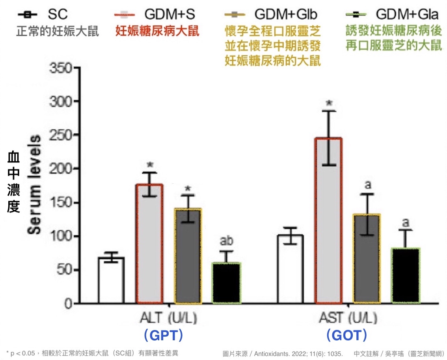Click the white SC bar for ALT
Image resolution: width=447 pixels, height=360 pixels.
(111, 280)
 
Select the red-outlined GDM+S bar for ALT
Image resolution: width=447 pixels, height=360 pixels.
(149, 244)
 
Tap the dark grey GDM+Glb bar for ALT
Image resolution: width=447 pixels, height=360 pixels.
(188, 256)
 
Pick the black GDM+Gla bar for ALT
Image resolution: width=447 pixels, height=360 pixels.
(226, 283)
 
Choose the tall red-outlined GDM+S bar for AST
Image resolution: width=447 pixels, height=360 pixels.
(328, 221)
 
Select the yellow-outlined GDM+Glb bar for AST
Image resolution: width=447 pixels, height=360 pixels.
(367, 259)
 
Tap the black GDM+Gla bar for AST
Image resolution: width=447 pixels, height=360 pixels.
(406, 276)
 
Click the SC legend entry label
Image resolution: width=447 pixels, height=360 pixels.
(58, 15)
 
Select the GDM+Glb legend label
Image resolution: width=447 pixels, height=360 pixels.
(285, 15)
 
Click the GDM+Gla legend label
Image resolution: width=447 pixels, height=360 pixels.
(407, 15)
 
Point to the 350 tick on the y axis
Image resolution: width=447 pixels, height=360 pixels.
(61, 68)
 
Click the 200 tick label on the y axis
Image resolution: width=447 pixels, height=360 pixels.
(61, 169)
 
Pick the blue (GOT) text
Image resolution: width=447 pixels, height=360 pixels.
(347, 336)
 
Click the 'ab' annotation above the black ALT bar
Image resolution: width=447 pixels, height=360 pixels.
(226, 241)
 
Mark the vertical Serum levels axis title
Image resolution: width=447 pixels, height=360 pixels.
(35, 185)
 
